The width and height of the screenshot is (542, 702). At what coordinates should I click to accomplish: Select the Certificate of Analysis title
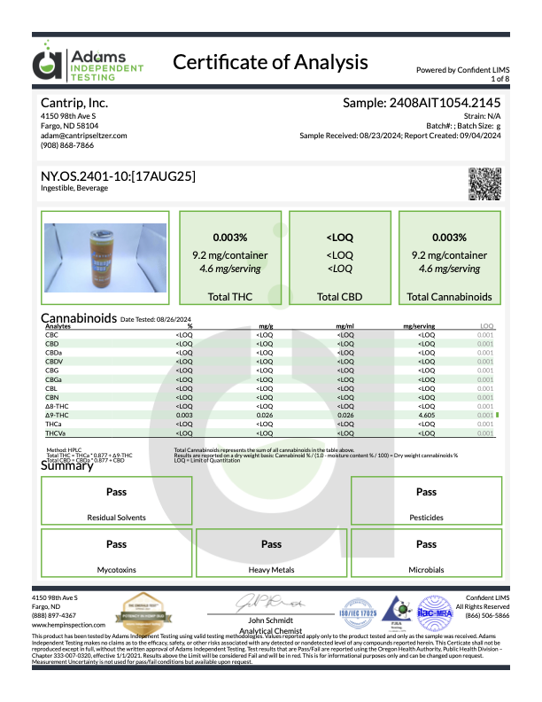click(x=270, y=62)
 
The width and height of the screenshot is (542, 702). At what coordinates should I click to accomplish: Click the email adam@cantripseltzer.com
click(x=84, y=135)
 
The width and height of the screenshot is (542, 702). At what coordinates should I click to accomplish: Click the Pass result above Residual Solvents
click(x=116, y=492)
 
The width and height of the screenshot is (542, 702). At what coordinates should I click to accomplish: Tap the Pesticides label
click(x=426, y=517)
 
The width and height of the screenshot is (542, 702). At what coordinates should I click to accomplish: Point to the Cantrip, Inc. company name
click(x=74, y=104)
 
